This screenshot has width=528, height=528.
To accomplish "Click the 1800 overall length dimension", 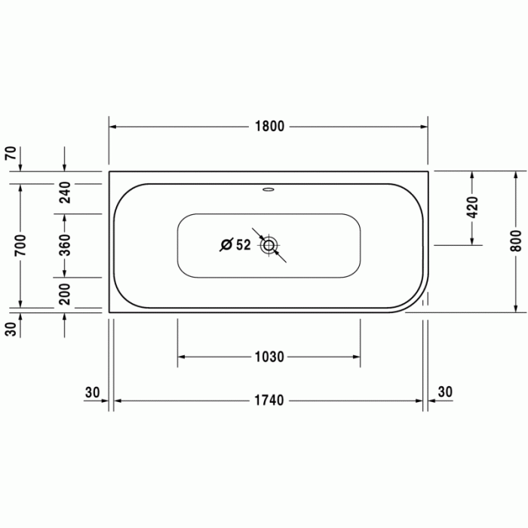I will click(x=269, y=127).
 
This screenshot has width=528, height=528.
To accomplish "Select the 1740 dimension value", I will click(x=269, y=401).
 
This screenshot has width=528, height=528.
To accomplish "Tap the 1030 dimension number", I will click(x=269, y=357).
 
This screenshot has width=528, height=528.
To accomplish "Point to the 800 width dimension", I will click(x=516, y=240).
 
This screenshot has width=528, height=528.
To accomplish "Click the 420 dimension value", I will click(x=473, y=207).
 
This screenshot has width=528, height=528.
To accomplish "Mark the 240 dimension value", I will click(x=65, y=193).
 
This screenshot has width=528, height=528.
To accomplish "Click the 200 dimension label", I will click(x=65, y=293).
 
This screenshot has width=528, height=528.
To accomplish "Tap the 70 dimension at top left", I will click(x=11, y=153).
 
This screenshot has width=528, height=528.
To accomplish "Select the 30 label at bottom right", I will click(x=445, y=391).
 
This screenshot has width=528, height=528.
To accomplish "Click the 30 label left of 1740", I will click(x=92, y=391).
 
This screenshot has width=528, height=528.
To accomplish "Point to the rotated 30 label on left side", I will click(x=11, y=330).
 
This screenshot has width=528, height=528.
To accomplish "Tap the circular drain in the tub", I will click(x=269, y=244).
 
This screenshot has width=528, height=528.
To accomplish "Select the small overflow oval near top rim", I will click(x=269, y=189).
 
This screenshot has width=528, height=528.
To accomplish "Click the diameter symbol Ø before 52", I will click(x=225, y=244).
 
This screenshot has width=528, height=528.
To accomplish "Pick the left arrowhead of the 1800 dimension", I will click(x=113, y=127).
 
